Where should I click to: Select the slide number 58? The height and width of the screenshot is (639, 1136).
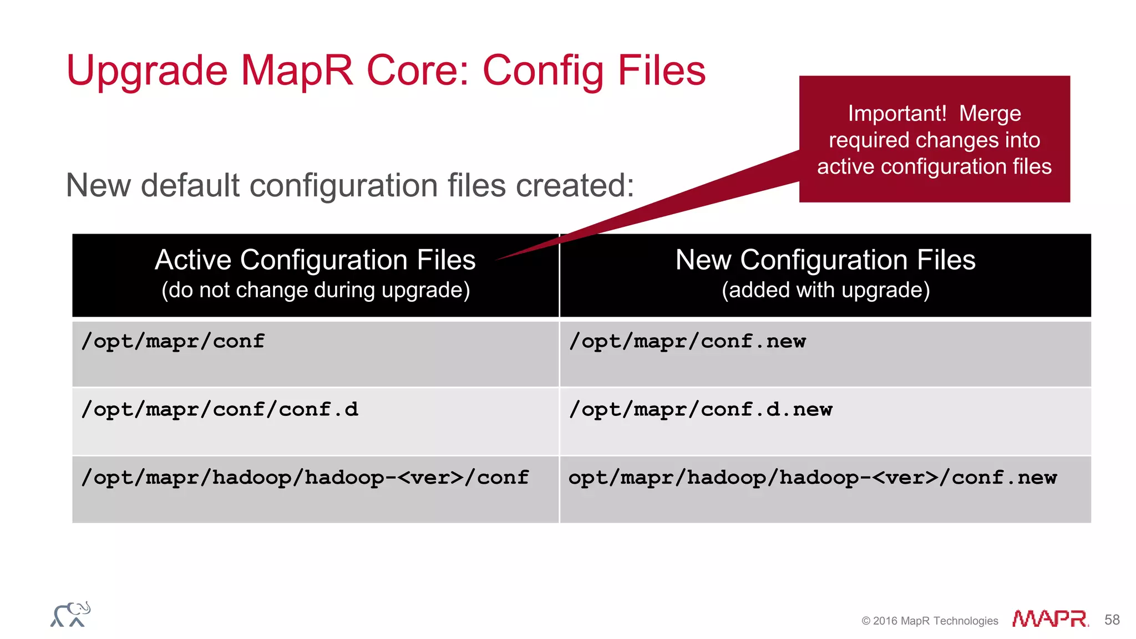1112,620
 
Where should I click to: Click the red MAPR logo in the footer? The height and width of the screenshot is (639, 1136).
1050,618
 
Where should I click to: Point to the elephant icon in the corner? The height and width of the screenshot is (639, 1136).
70,615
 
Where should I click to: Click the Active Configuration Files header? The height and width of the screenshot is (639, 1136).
315,260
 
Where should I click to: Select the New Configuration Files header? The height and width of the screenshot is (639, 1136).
825,260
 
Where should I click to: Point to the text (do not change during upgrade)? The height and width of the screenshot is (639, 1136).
316,290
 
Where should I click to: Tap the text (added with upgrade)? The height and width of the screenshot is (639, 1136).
825,290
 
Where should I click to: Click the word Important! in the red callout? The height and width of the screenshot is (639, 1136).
897,114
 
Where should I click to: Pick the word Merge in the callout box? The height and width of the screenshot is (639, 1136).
990,114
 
